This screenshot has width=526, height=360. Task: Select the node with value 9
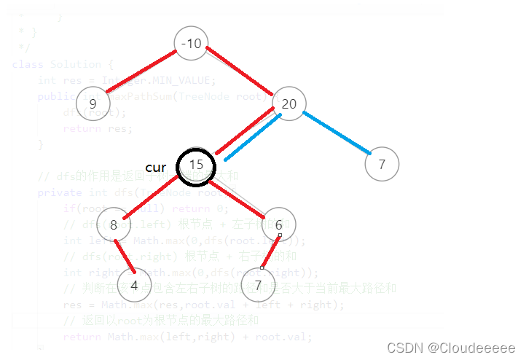[x=103, y=103]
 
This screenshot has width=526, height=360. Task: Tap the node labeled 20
[x=289, y=104]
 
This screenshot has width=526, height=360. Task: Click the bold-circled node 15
[x=196, y=165]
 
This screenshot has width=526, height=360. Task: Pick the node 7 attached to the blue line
[x=382, y=165]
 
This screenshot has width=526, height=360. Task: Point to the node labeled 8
[x=114, y=225]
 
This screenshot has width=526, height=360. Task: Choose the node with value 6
[x=279, y=225]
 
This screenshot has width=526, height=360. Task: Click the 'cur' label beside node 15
[x=156, y=167]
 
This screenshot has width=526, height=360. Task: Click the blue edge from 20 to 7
[x=337, y=133]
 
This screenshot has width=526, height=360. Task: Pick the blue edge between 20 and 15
[x=253, y=137]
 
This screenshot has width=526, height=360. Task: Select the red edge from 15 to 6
[x=239, y=195]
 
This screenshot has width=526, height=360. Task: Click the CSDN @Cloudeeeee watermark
[x=451, y=348]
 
